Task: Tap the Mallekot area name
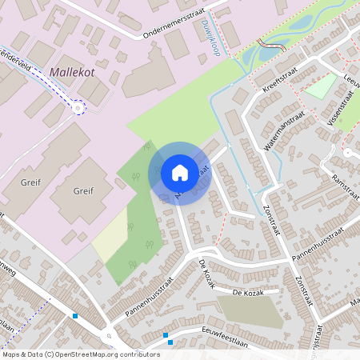pyautogui.click(x=73, y=72)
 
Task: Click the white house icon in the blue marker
pyautogui.click(x=180, y=172)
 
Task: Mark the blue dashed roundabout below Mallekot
pyautogui.click(x=78, y=106)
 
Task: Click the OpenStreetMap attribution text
pyautogui.click(x=81, y=354)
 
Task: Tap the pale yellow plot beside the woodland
pyautogui.click(x=110, y=238)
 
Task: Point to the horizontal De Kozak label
pyautogui.click(x=247, y=294)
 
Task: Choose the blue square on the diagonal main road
pyautogui.click(x=75, y=316)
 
